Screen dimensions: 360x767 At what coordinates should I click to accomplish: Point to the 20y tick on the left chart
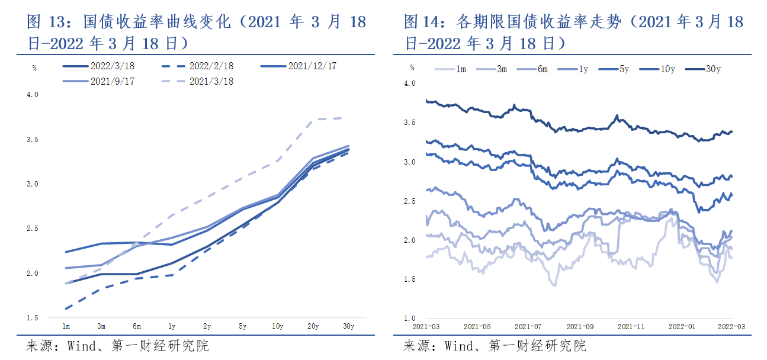click(x=313, y=326)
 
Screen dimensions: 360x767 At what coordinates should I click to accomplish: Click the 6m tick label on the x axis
click(x=136, y=326)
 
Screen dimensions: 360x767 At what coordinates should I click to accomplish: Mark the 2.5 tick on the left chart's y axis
click(x=33, y=229)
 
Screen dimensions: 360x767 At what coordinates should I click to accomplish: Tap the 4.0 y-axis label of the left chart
click(x=33, y=95)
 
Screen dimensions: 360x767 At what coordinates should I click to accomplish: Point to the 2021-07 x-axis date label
click(x=528, y=326)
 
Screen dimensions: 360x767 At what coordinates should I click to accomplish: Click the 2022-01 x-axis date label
click(x=681, y=326)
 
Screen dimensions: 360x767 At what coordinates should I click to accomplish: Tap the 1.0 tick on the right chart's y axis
click(x=410, y=319)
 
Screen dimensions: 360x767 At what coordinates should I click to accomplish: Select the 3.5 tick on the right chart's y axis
click(x=410, y=123)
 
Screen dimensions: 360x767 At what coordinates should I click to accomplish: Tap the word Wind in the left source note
click(x=81, y=346)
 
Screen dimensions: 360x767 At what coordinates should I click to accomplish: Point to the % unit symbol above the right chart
click(x=412, y=67)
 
